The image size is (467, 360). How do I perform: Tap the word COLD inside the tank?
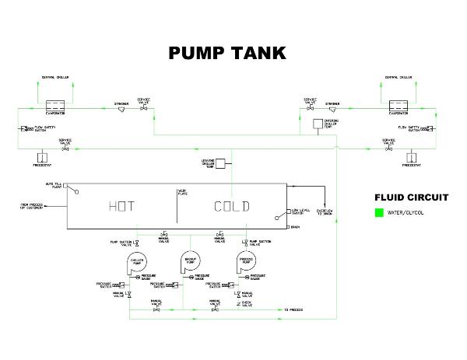click(x=232, y=206)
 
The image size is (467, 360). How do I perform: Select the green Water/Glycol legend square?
click(x=379, y=212)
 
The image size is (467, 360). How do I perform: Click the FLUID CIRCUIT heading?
click(x=411, y=196)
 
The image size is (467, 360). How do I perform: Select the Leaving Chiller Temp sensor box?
click(x=220, y=163)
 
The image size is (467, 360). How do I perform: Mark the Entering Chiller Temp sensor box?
click(x=317, y=124)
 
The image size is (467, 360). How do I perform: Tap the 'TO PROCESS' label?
click(x=293, y=310)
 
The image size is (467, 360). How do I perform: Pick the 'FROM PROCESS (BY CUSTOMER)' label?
click(x=33, y=207)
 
